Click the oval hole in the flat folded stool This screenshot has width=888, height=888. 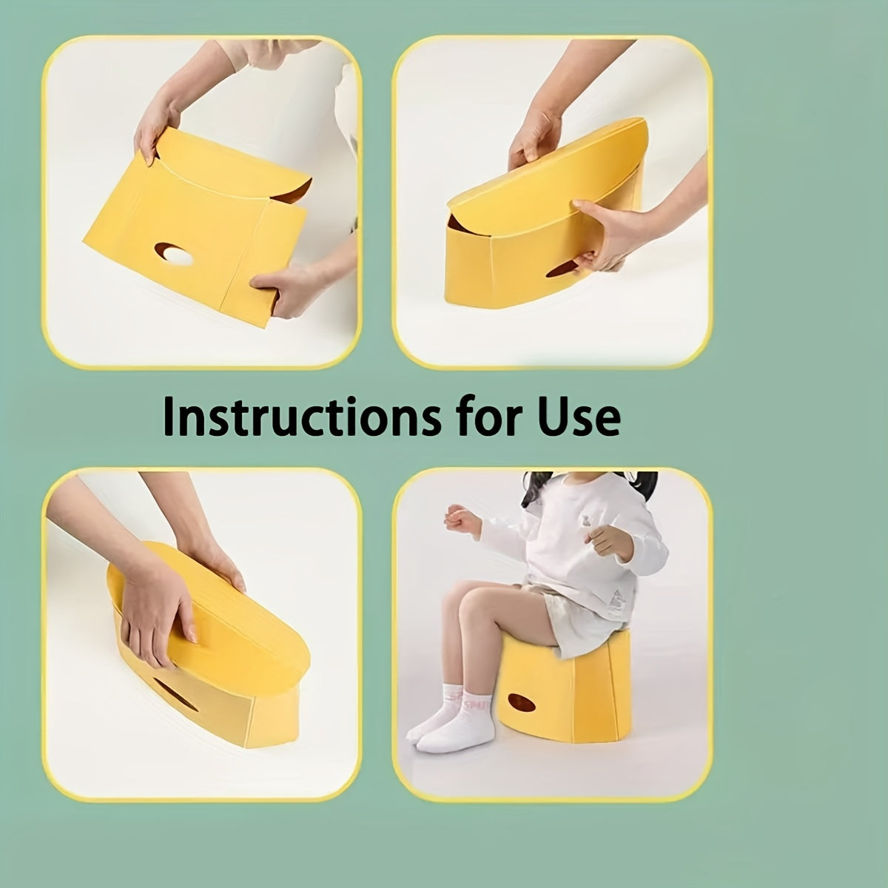[174, 254]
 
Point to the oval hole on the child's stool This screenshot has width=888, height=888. [522, 714]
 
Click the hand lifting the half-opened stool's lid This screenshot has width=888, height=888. [534, 138]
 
